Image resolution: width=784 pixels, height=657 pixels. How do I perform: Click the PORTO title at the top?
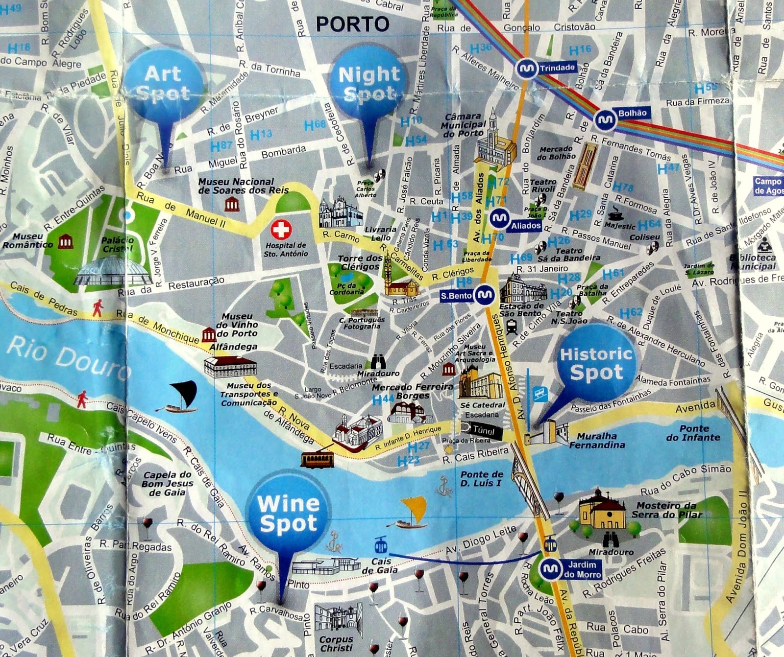[352, 24]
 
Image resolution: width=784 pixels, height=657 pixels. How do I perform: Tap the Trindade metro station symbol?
[527, 68]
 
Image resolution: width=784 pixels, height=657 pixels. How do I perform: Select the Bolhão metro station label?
[632, 113]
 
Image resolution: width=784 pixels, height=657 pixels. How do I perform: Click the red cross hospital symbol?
[281, 229]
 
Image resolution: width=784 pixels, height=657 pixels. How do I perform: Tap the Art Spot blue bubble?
[163, 83]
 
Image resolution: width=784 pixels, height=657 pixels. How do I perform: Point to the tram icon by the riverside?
[318, 459]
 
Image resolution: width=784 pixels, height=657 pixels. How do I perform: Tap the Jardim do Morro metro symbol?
[550, 569]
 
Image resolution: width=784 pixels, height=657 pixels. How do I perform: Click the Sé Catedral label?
[482, 405]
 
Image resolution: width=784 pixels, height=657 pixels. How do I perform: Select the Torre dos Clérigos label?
[360, 262]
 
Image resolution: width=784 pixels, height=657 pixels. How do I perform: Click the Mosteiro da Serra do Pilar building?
[602, 512]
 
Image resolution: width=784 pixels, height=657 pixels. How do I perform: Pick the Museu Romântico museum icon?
[65, 241]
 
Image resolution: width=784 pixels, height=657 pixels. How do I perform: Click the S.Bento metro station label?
[456, 295]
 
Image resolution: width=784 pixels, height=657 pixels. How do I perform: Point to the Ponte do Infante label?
[693, 433]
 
